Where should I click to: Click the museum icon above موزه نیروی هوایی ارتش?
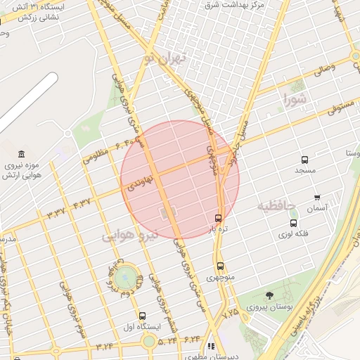(22, 154)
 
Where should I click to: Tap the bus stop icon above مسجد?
(304, 160)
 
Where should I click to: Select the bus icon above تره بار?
(218, 218)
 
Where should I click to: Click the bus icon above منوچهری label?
(221, 266)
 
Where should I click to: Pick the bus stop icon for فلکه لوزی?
(293, 223)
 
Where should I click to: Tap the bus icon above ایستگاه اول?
(143, 316)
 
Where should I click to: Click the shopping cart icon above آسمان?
(317, 198)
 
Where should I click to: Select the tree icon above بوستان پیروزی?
(269, 295)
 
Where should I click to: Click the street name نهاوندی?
(141, 181)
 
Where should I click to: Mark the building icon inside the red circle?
(167, 212)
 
